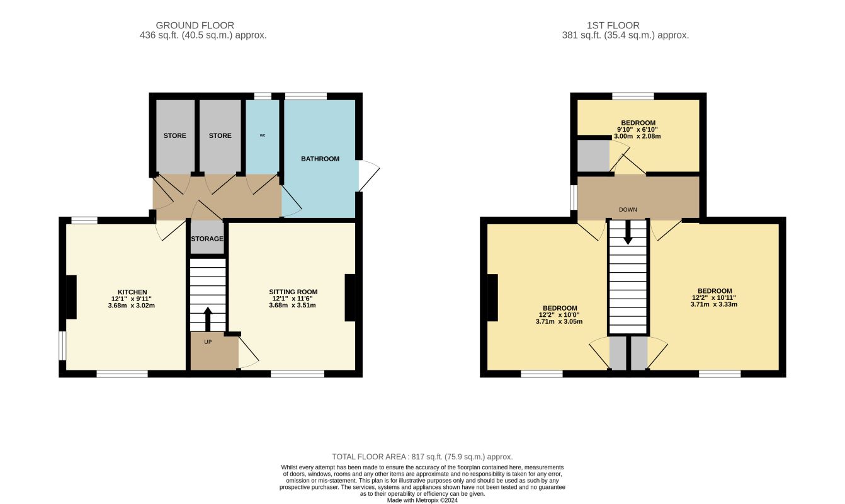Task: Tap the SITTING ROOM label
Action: [293, 292]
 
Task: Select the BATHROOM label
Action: [320, 159]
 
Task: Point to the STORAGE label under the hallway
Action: [207, 239]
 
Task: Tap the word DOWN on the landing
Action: [628, 210]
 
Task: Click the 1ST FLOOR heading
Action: [604, 25]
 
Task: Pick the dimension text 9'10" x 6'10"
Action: [638, 129]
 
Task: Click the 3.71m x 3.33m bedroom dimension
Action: [713, 304]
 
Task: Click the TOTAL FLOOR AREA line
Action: [422, 456]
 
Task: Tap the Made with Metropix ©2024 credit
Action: [422, 500]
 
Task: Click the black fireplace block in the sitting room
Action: [350, 298]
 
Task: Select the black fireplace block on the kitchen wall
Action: [72, 297]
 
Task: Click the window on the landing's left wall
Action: [574, 197]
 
